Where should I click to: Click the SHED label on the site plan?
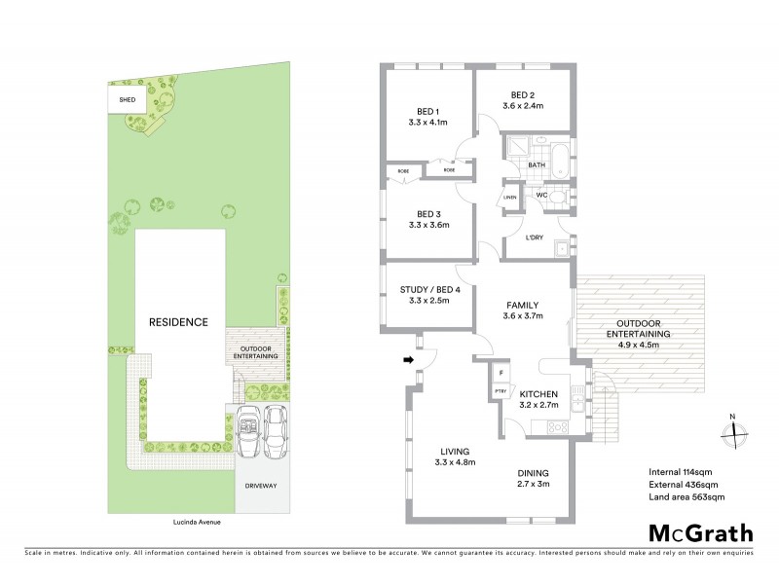pos(127,99)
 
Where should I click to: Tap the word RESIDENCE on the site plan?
pos(178,322)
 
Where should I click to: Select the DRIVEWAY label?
pos(262,483)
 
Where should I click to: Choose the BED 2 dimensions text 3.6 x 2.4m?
pos(522,105)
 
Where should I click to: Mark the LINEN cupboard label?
pos(509,200)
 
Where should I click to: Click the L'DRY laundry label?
pos(533,238)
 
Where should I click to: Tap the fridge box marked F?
pos(501,373)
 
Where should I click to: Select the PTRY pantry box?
pos(501,391)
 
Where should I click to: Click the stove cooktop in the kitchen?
pos(560,426)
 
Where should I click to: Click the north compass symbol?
pos(735,432)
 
